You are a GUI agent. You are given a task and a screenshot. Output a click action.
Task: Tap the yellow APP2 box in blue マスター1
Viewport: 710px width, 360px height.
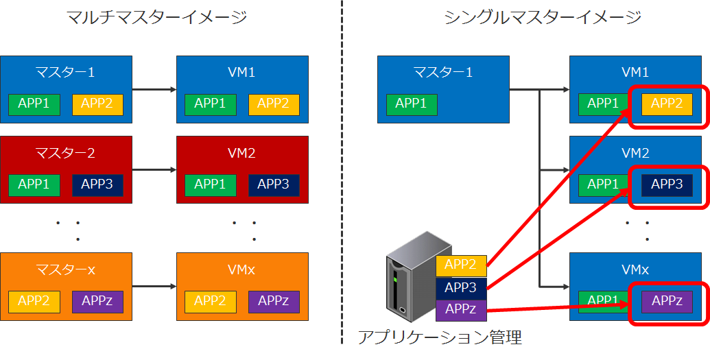point(97,104)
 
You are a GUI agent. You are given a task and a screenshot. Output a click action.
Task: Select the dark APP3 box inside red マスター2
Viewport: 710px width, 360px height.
point(97,184)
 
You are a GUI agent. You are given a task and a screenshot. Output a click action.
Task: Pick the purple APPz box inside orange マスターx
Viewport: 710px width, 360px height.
point(97,300)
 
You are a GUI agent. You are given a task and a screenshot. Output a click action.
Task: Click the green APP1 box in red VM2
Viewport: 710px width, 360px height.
point(210,184)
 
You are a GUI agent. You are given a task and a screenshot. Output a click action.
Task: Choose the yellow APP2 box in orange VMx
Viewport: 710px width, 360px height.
point(210,300)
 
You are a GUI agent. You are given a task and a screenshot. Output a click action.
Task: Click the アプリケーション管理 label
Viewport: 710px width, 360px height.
point(440,337)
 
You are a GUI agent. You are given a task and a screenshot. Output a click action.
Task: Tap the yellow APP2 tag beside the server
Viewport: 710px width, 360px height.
point(461,265)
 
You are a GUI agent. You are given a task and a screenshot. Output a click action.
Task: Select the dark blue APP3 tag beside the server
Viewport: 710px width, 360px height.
point(461,288)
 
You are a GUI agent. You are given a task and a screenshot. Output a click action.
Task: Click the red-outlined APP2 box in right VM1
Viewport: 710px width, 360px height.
point(667,104)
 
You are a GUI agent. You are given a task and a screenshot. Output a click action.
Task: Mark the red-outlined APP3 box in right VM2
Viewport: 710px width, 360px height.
point(667,184)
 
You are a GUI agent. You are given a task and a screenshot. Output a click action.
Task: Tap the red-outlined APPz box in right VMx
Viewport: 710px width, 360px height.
point(667,300)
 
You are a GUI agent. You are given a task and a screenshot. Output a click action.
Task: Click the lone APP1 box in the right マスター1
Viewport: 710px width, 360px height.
point(412,104)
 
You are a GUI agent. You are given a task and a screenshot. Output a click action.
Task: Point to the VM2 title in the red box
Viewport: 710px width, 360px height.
point(242,153)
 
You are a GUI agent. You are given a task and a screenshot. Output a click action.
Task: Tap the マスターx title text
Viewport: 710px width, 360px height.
point(66,269)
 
